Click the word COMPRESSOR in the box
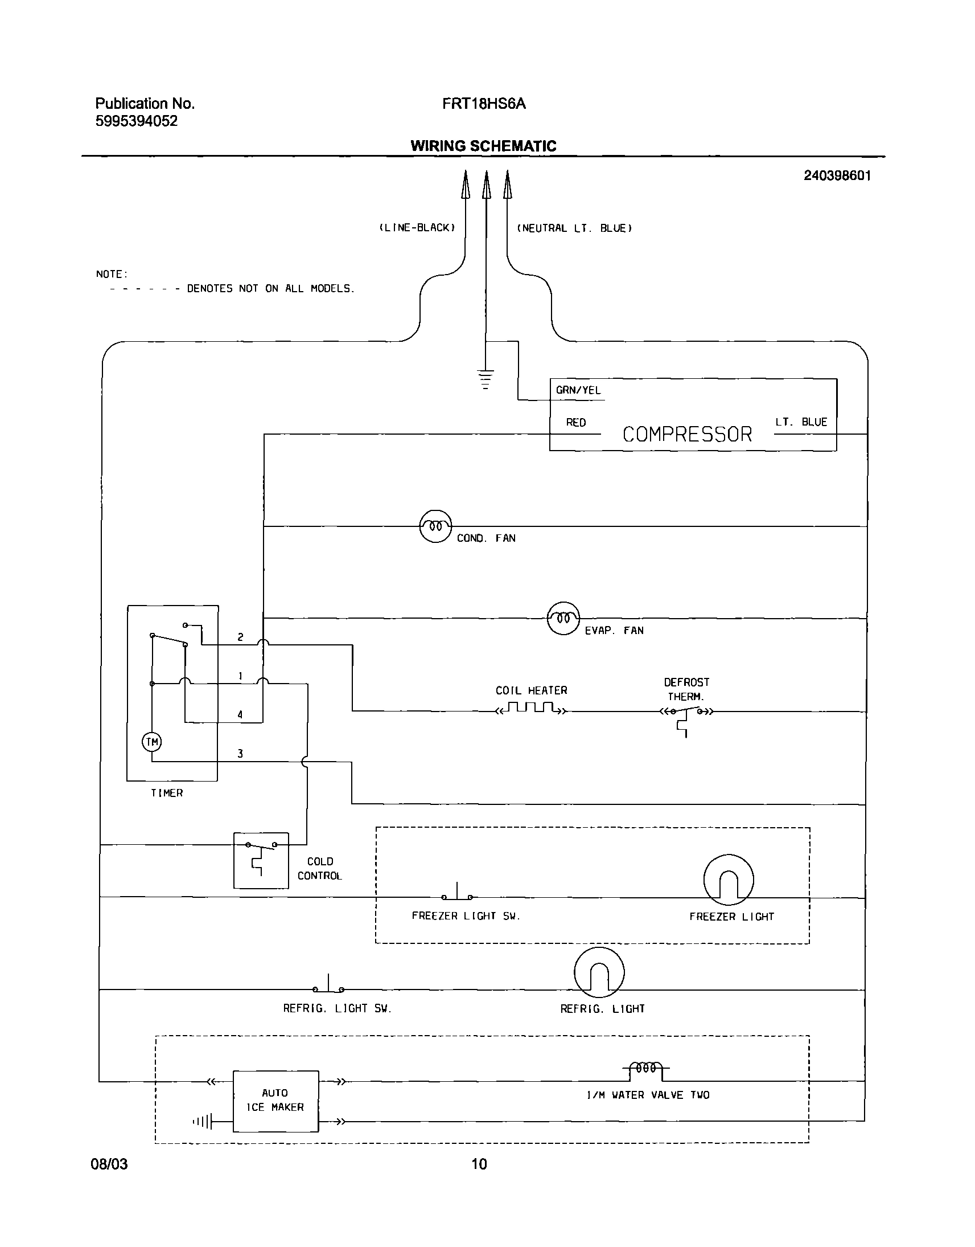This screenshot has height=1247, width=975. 687,435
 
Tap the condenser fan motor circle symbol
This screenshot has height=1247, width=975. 435,526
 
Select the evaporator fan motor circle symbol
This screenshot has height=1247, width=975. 563,618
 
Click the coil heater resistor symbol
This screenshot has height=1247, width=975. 532,709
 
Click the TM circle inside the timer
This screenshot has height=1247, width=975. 152,742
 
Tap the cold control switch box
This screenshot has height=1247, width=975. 261,860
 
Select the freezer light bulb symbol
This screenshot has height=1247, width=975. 729,880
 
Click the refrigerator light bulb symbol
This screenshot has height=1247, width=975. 599,973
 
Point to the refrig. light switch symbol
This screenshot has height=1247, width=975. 328,986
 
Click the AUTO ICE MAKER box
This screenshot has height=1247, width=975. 275,1101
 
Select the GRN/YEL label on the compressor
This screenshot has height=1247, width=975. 578,390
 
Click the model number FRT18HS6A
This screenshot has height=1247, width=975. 483,104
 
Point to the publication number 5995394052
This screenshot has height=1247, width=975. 137,121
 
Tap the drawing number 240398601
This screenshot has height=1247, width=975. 837,176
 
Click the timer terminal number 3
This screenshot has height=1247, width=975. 240,754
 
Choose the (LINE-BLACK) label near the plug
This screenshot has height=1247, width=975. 417,228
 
